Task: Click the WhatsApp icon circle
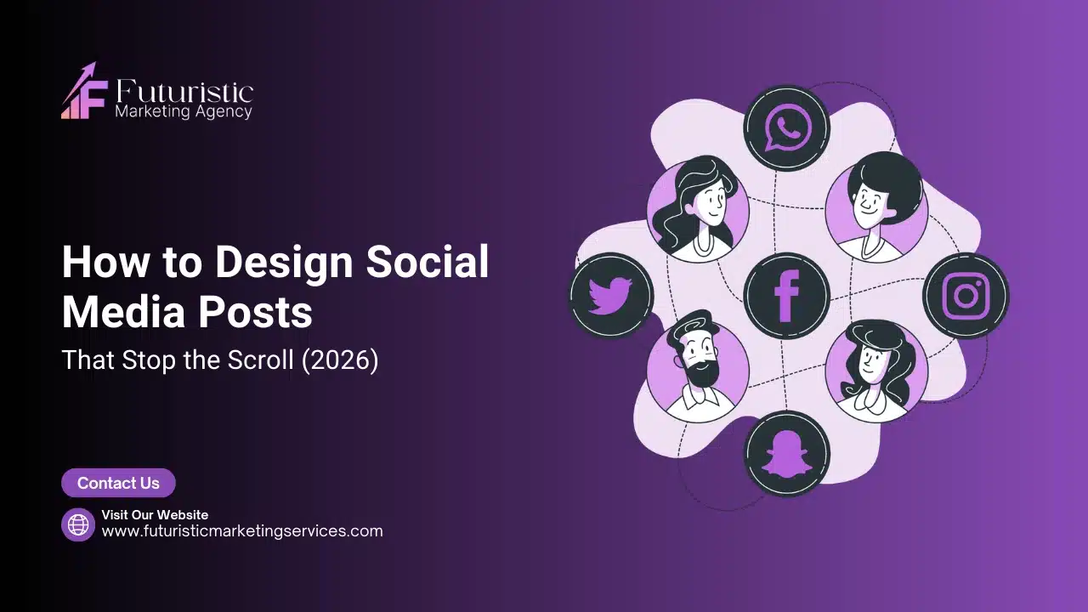pos(786,128)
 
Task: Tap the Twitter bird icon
pos(610,296)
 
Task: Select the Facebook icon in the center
pos(786,295)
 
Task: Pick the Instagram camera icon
pos(966,296)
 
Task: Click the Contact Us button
pos(118,483)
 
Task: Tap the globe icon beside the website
pos(78,524)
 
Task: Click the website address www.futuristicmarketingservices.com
pos(242,531)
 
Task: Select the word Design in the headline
pos(284,263)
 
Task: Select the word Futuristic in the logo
pos(183,92)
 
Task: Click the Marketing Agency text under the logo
pos(183,111)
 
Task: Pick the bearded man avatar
pos(698,371)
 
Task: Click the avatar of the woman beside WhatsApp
pos(698,209)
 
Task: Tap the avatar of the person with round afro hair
pos(875,209)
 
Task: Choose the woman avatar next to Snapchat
pos(875,371)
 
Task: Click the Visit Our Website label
pos(155,514)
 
